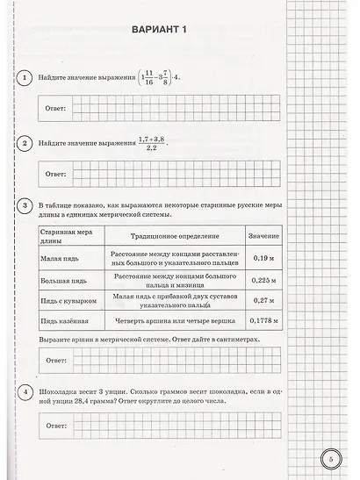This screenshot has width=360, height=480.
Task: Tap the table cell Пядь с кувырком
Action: pos(63,302)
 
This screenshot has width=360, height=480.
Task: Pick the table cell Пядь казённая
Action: pos(61,323)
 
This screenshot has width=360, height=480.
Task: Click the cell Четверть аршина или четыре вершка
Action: pos(173,323)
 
